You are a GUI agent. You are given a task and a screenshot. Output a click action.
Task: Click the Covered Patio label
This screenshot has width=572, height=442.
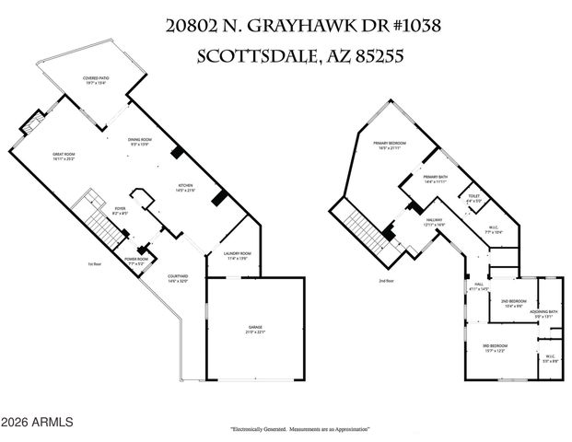coord(96,79)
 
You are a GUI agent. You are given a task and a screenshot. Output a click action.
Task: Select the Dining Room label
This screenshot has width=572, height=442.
coord(140,141)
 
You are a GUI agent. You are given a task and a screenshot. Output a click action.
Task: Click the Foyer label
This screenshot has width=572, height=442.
coord(119,209)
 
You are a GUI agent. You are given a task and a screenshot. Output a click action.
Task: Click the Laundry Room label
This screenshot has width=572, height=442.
coord(238,255)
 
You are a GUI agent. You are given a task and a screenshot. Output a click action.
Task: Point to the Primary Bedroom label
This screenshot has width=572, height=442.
coord(391,145)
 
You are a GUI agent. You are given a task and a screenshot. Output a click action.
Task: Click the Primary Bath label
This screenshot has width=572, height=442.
coord(435,179)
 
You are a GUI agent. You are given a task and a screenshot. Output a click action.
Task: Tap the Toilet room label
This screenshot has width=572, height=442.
coord(473,197)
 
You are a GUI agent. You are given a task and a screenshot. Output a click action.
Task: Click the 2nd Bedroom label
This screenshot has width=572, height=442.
coord(513,303)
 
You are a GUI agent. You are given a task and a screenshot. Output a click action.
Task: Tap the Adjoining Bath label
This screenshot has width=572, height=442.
coord(543,314)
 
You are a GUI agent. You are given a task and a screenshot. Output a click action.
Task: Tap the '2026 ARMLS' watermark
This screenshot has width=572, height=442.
coord(38,423)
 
